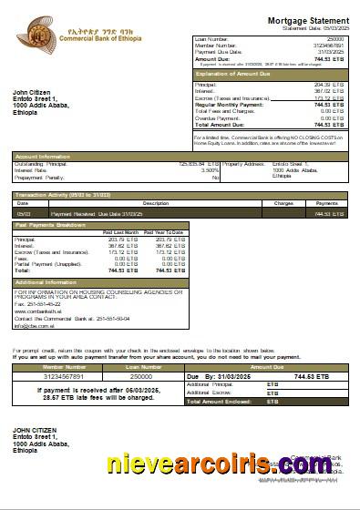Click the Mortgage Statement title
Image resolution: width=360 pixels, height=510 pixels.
(x=306, y=19)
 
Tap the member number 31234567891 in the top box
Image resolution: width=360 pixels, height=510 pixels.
(x=326, y=46)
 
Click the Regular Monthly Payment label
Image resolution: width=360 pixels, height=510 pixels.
(x=228, y=105)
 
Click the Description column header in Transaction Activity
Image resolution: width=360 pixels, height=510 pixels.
(x=156, y=202)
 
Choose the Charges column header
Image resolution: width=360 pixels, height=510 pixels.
(x=283, y=202)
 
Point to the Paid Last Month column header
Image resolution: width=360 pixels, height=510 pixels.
(x=120, y=232)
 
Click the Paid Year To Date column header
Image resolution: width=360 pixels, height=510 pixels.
(x=164, y=232)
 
